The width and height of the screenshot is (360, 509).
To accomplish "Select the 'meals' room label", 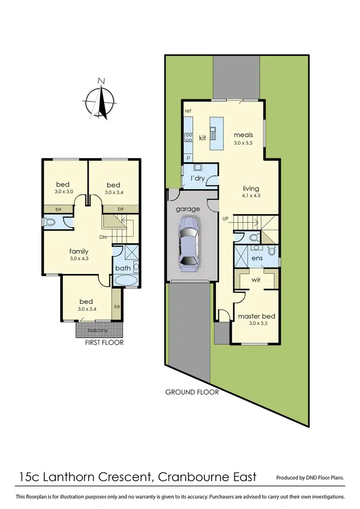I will pos(243,135).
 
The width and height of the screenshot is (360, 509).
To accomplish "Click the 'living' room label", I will pos(250,189).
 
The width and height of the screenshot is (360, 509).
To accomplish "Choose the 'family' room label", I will pos(79,251).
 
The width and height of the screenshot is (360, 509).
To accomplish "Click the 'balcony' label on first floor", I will pos(97,330).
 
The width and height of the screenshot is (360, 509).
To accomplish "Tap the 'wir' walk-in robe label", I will pos(256,279).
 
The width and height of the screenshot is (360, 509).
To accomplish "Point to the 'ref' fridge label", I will pos(188,111).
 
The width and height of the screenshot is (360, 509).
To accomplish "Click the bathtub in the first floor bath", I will pos(126,280).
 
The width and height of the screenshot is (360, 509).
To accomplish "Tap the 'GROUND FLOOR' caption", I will pos(192,392).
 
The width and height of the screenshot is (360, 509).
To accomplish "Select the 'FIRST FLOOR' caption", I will pos(104,342).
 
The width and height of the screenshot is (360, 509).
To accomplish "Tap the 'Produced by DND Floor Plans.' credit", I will pos(310,478).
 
